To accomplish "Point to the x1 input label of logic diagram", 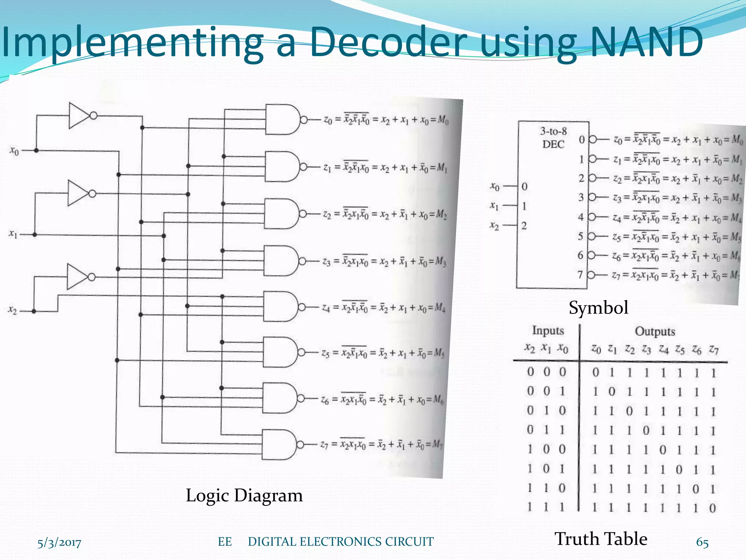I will pyautogui.click(x=13, y=234).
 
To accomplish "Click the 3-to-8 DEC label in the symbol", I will pyautogui.click(x=553, y=138).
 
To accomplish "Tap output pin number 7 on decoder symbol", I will pyautogui.click(x=580, y=275).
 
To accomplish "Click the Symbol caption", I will pyautogui.click(x=598, y=307).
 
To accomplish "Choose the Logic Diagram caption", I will pyautogui.click(x=244, y=495).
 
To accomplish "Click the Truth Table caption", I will pyautogui.click(x=601, y=538).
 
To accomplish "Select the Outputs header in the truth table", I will pyautogui.click(x=655, y=331).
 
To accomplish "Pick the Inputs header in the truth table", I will pyautogui.click(x=548, y=330).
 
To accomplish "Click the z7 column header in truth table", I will pyautogui.click(x=714, y=350).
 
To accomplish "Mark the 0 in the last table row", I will pyautogui.click(x=712, y=508).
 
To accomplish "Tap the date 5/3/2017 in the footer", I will pyautogui.click(x=59, y=542).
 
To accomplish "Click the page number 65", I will pyautogui.click(x=702, y=542).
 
